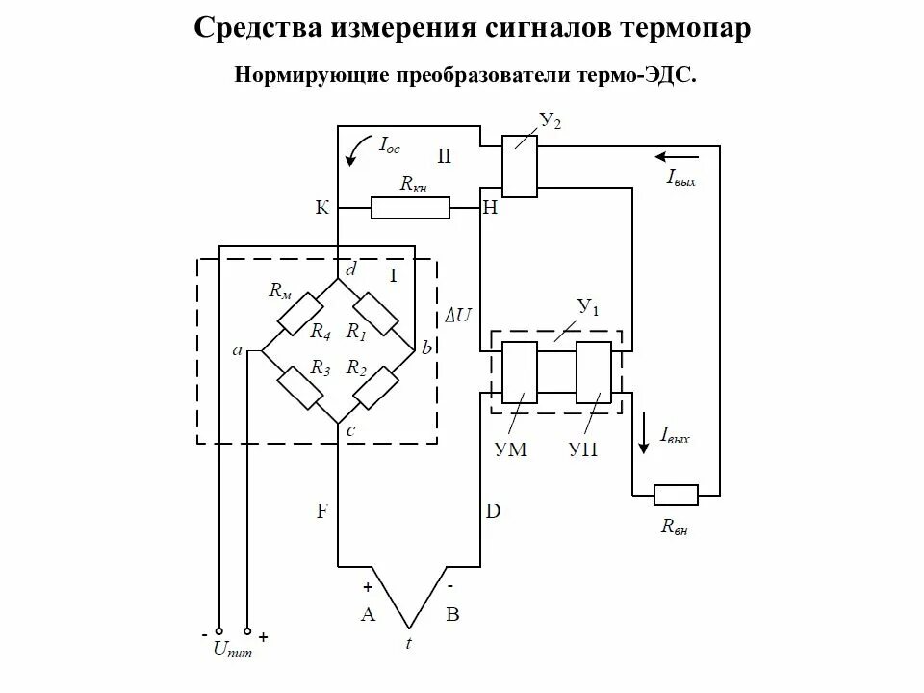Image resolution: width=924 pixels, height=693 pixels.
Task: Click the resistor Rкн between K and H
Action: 410,207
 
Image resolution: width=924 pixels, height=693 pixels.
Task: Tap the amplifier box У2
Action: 520,166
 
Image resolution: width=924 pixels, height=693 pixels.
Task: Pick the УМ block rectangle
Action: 521,372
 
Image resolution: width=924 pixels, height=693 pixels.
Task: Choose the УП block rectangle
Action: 593,372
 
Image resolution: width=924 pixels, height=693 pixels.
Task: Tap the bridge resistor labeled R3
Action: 298,387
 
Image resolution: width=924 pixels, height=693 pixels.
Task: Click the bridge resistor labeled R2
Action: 376,387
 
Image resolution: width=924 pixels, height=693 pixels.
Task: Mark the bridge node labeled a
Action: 238,351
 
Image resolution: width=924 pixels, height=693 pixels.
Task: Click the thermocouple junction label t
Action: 408,644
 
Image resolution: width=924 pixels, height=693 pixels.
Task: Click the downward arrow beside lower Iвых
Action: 643,435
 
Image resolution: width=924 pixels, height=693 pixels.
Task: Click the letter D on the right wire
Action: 492,511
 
